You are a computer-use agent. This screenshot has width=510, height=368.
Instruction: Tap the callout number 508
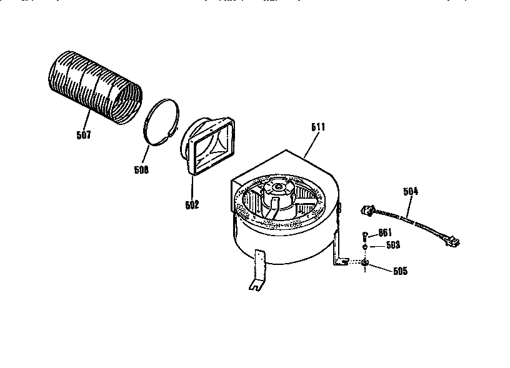pyautogui.click(x=141, y=169)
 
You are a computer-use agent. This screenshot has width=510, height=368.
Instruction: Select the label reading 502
pyautogui.click(x=191, y=204)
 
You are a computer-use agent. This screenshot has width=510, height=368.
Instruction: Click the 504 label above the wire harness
pyautogui.click(x=411, y=191)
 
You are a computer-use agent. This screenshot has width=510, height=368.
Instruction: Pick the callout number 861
pyautogui.click(x=384, y=233)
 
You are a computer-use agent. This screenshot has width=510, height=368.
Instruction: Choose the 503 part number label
pyautogui.click(x=391, y=245)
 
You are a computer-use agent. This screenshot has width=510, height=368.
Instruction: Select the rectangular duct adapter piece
pyautogui.click(x=211, y=146)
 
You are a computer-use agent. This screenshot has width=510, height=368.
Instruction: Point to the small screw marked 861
pyautogui.click(x=365, y=236)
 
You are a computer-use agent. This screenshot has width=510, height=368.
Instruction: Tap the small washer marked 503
pyautogui.click(x=365, y=247)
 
